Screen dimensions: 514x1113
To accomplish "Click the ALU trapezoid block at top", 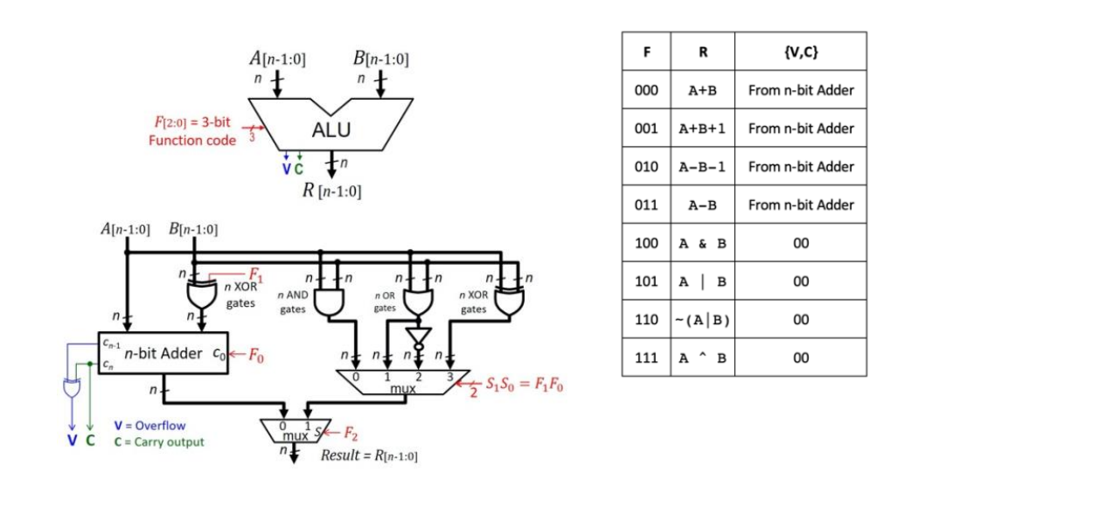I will pos(330,128).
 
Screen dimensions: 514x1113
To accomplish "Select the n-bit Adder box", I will pos(163,353).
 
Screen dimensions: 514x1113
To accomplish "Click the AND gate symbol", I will pos(329,303).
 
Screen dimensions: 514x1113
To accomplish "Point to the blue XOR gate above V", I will pos(71,387).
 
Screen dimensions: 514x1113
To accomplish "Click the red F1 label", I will pos(255,274).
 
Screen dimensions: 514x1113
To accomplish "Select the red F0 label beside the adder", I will pos(255,355).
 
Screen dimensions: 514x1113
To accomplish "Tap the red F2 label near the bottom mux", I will pos(350,433).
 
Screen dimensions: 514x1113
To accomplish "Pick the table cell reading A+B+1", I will pos(702,128).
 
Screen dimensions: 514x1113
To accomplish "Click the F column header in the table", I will pos(646,52).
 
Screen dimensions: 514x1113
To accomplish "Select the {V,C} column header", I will pos(800,52).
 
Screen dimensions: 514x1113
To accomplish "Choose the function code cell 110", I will pos(646,320).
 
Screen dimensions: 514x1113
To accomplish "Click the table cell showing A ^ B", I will pos(702,358).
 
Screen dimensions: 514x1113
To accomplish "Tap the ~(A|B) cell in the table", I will pos(702,320).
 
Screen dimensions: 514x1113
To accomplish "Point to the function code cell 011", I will pos(646,205).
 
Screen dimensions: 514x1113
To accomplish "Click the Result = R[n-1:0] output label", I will pos(369,455).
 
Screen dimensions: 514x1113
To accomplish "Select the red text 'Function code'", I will pos(192,140).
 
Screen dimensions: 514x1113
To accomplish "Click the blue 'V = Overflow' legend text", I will pos(150,426).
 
